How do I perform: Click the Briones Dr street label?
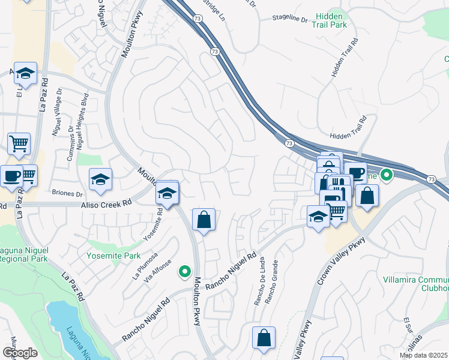[67, 194]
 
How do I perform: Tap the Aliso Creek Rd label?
[106, 205]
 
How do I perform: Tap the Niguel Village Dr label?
[58, 114]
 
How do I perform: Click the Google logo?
[19, 353]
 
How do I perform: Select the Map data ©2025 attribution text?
[423, 355]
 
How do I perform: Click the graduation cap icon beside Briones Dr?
[101, 179]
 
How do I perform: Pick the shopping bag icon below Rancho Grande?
[264, 338]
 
